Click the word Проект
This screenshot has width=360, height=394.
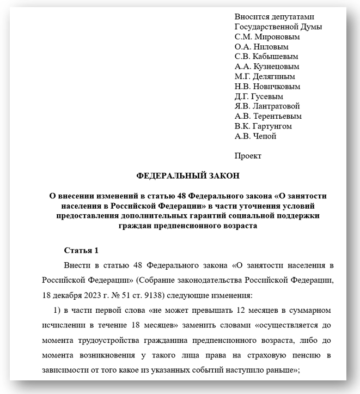(248, 156)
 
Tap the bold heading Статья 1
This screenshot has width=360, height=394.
(81, 251)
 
